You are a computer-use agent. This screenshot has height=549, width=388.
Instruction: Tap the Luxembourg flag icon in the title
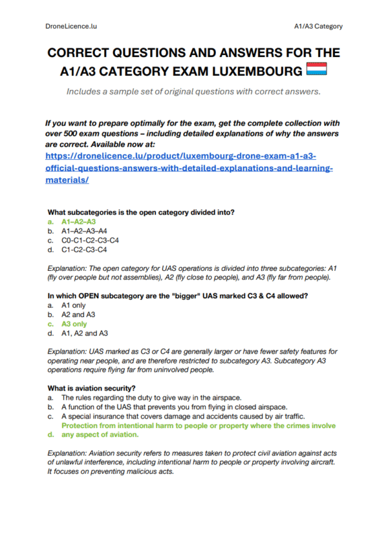[x=316, y=69]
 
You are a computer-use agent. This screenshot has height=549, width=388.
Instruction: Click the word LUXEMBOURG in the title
[x=257, y=70]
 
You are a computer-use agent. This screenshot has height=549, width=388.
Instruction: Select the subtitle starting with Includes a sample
[x=193, y=91]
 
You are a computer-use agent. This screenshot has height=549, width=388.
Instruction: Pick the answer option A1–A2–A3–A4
[x=85, y=230]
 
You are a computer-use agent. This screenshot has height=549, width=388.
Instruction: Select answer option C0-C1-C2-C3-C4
[x=90, y=240]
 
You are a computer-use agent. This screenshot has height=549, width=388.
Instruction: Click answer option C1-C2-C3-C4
[x=84, y=249]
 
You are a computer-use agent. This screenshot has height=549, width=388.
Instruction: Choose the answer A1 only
[x=74, y=306]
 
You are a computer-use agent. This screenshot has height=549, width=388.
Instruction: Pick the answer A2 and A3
[x=78, y=315]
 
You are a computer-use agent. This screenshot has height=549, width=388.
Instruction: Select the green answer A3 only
[x=74, y=324]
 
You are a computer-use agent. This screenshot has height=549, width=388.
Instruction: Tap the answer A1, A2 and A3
[x=84, y=334]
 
